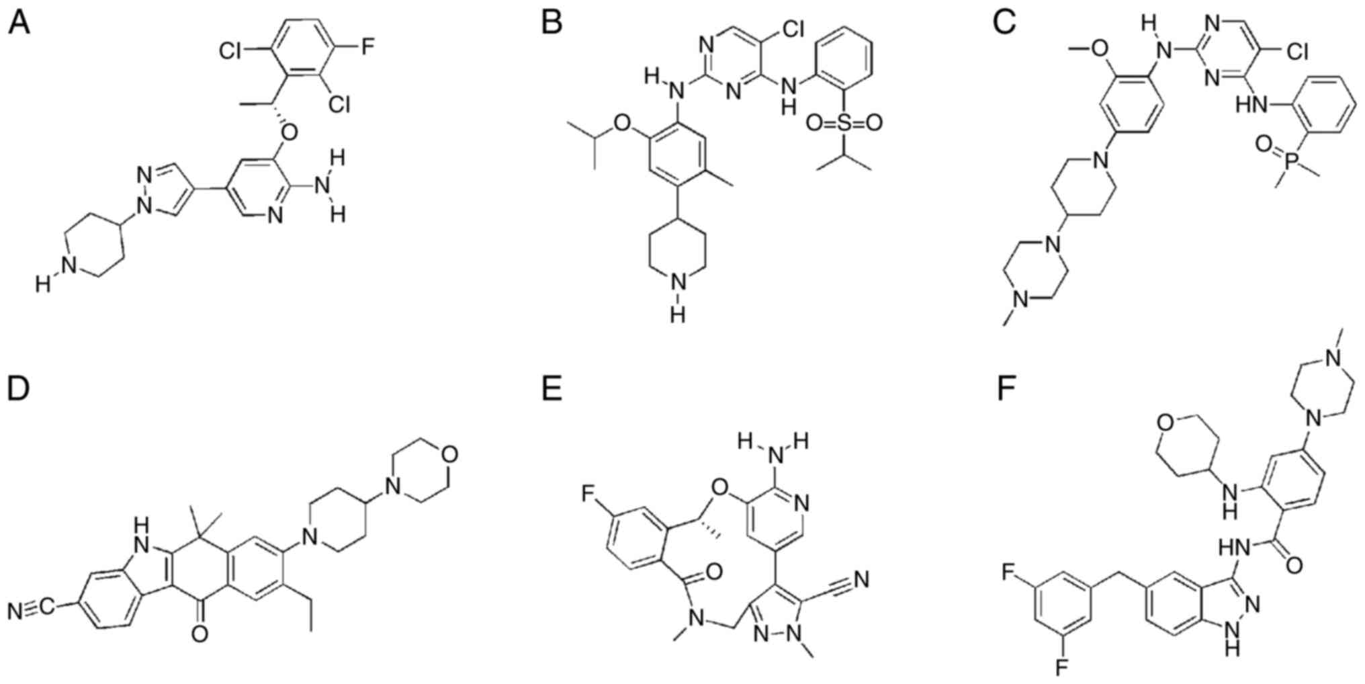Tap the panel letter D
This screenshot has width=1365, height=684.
coord(18,389)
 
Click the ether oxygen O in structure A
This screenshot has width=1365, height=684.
coord(289,132)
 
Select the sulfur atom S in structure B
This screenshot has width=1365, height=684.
coord(844,123)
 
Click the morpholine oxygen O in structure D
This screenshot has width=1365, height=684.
coord(450,455)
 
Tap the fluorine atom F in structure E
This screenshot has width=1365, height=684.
coord(588,495)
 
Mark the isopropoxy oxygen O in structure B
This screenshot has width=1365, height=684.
coord(623,123)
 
